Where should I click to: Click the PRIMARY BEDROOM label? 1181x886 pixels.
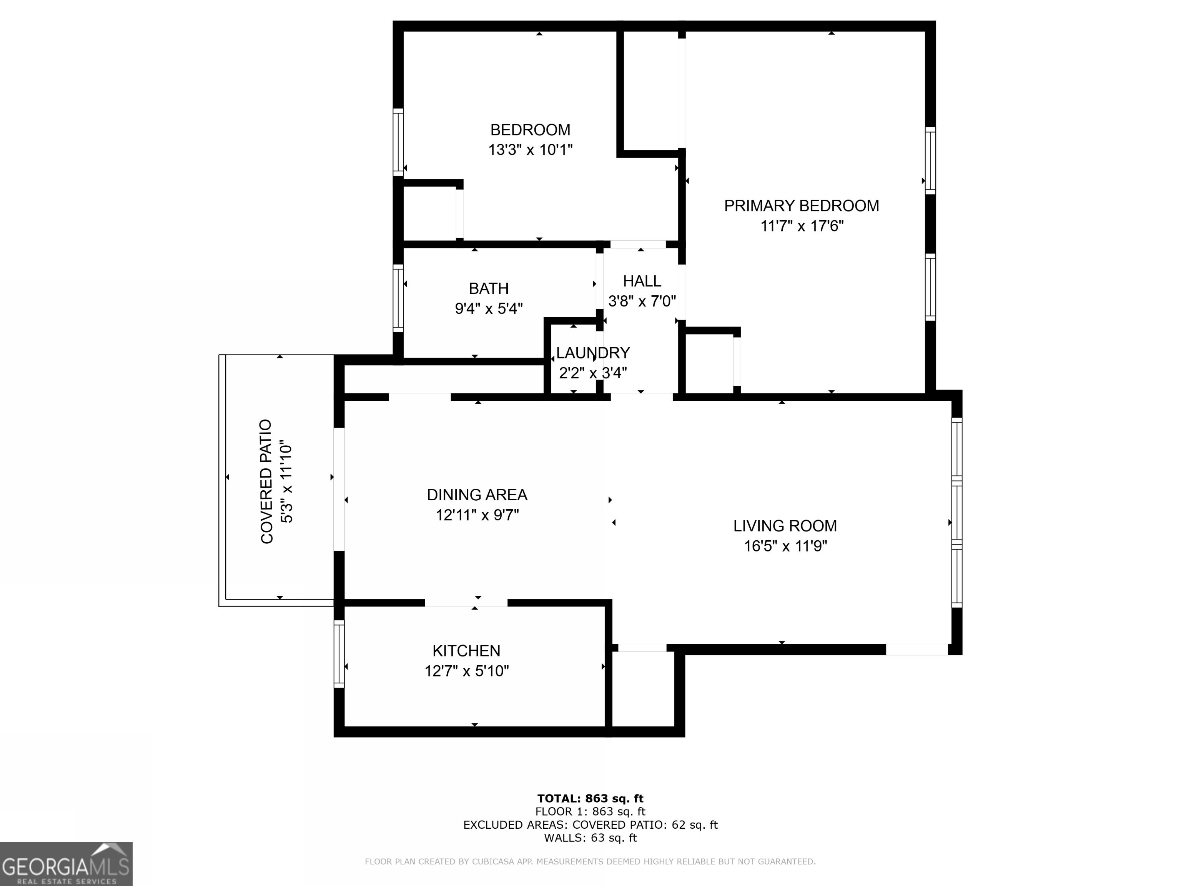tap(801, 206)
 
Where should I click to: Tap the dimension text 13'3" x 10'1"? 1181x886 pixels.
tap(530, 150)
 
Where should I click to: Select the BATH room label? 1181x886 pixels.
tap(489, 288)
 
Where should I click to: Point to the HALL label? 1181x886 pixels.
tap(642, 281)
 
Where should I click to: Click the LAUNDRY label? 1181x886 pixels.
tap(593, 353)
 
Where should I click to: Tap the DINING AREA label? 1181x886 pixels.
tap(477, 495)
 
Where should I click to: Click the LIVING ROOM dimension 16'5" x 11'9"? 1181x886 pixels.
tap(785, 546)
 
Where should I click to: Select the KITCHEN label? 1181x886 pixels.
tap(466, 651)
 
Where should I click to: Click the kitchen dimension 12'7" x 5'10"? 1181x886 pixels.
tap(466, 671)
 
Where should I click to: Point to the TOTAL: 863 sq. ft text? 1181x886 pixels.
tap(590, 798)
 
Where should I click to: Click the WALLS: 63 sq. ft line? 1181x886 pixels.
tap(590, 838)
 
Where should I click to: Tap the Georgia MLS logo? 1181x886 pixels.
tap(66, 864)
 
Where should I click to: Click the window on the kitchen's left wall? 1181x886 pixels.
tap(339, 654)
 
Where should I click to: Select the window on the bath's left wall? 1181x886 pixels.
tap(398, 298)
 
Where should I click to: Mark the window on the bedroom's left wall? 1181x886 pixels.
tap(398, 142)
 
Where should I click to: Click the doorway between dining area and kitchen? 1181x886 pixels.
tap(466, 603)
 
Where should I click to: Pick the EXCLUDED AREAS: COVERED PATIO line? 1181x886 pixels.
tap(590, 824)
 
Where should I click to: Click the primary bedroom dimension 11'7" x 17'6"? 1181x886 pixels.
tap(801, 226)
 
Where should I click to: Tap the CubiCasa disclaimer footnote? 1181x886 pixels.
tap(590, 861)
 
